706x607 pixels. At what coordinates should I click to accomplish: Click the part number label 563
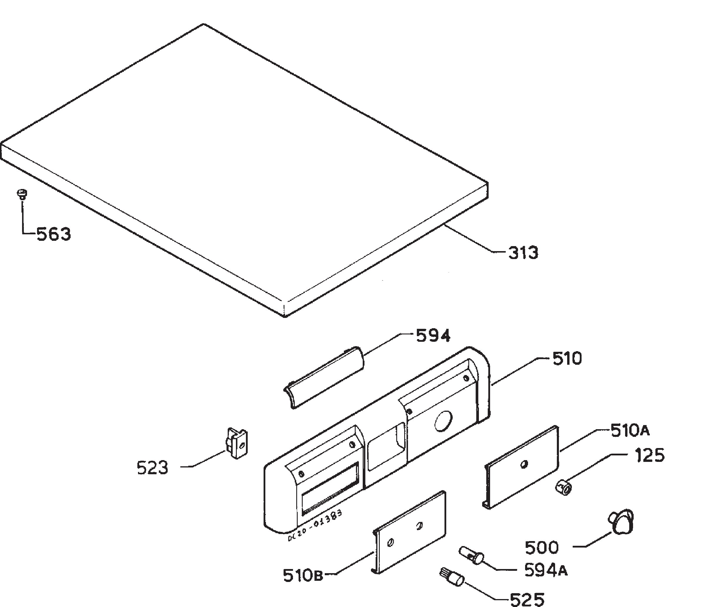coord(54,234)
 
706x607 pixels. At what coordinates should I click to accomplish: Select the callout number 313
coord(523,253)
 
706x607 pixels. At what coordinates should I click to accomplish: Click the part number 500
coord(542,548)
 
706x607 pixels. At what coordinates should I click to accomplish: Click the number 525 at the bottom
coord(527,599)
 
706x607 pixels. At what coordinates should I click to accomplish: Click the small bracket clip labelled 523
coord(237,443)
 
